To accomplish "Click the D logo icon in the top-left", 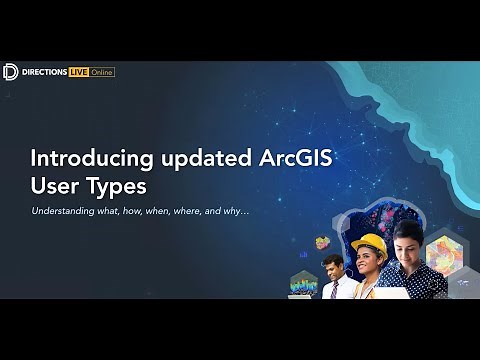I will (10, 71).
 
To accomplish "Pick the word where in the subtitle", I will (185, 211).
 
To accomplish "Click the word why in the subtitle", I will (236, 211).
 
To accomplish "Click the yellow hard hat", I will (368, 244).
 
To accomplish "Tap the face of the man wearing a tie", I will (332, 265).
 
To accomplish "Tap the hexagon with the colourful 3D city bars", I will (303, 285).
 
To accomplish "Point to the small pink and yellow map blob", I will (322, 242).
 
